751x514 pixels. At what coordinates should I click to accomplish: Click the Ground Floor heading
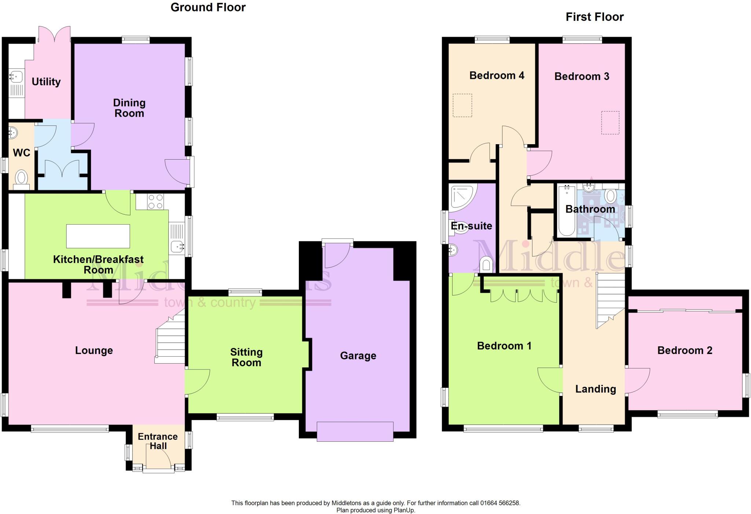[208, 7]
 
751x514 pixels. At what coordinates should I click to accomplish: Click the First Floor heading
[594, 17]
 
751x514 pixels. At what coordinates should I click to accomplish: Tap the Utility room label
[46, 81]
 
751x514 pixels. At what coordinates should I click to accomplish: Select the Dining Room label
[129, 108]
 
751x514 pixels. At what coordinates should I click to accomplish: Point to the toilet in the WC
[22, 179]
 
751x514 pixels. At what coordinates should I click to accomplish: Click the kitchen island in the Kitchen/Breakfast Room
[98, 236]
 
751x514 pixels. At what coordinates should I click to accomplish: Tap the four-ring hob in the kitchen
[155, 201]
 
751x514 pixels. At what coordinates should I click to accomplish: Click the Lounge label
[94, 350]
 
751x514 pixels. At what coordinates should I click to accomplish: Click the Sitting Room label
[246, 357]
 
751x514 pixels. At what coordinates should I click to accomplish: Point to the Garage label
[358, 356]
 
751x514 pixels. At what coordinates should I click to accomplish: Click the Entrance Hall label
[158, 441]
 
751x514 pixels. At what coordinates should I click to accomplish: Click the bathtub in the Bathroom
[567, 211]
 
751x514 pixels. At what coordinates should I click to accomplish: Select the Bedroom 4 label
[497, 76]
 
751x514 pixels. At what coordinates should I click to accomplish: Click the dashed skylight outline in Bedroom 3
[610, 123]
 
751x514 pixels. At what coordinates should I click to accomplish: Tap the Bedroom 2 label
[685, 350]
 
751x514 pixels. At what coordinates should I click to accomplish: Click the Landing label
[595, 389]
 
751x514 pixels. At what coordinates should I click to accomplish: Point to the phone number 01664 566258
[500, 503]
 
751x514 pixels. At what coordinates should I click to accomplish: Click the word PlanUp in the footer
[404, 510]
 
